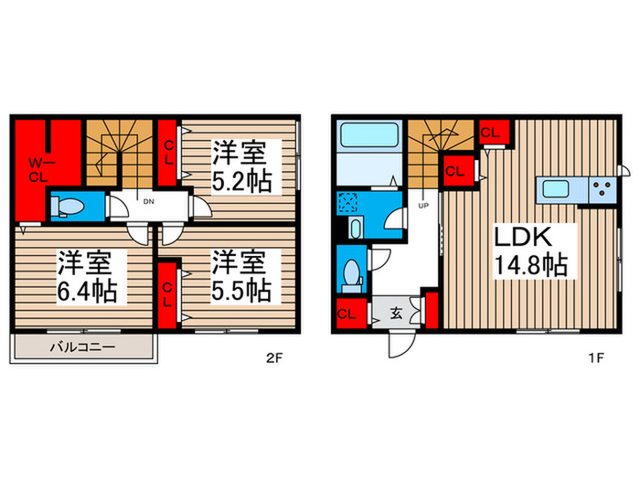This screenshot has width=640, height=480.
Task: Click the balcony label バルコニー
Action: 82,347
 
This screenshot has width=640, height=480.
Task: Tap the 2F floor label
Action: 274,358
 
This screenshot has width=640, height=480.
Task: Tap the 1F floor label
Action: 596,358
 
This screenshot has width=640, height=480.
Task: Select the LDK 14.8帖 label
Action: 530,251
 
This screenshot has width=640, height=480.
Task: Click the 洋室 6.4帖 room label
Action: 87,276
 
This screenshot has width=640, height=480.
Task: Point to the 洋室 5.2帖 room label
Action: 241,166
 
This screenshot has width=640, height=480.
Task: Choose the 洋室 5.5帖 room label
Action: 241,276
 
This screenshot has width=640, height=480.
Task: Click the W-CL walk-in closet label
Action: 38,170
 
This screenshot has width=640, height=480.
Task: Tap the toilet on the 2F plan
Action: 68,206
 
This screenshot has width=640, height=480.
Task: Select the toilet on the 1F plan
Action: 351,273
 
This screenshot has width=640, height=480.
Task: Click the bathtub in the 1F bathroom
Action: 369,134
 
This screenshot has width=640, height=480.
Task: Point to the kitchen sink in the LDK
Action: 555,189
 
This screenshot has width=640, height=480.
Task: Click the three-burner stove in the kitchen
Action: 602,190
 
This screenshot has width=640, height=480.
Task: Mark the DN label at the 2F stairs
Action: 148,202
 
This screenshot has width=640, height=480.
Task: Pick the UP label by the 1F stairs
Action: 423,206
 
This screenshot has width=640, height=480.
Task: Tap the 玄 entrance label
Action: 396,314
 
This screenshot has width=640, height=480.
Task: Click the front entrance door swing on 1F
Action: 402,344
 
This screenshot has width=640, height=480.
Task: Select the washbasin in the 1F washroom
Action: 356,229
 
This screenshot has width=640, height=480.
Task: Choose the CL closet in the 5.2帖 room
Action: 167,153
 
